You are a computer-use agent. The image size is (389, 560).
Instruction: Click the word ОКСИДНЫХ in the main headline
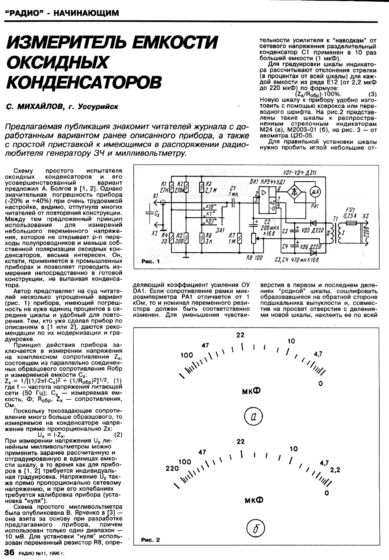[57, 63]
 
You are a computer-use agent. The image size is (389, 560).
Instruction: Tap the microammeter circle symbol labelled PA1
[315, 192]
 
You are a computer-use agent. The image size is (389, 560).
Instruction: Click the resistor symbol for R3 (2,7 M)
[201, 187]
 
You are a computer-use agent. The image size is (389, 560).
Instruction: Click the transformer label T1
[335, 218]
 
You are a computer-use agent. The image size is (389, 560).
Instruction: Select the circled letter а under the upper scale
[253, 417]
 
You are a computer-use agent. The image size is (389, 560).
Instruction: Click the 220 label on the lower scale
[172, 469]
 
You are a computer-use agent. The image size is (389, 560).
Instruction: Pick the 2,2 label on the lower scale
[336, 470]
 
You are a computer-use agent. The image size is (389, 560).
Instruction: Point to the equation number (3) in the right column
[373, 94]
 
